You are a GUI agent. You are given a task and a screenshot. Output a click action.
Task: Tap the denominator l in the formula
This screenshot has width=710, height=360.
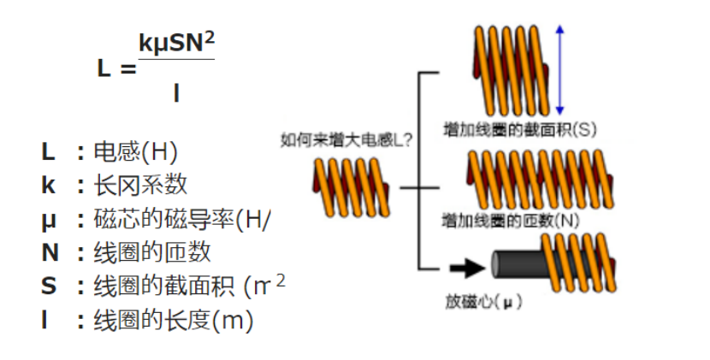[x=175, y=92]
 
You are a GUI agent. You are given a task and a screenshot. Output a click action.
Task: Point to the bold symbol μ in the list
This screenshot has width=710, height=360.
[x=48, y=219]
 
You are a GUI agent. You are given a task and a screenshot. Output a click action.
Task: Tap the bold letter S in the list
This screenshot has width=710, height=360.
[x=48, y=286]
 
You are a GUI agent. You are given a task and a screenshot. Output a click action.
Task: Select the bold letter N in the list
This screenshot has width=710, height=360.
[x=50, y=252]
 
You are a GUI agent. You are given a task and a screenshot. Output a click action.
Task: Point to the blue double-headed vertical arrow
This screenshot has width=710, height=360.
[x=559, y=70]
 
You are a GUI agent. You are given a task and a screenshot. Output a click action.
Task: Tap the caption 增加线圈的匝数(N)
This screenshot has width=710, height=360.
[x=511, y=220]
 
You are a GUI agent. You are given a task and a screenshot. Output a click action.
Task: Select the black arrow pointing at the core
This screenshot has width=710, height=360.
[x=466, y=268]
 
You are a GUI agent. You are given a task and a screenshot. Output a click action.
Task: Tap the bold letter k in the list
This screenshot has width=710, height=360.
[x=48, y=185]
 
